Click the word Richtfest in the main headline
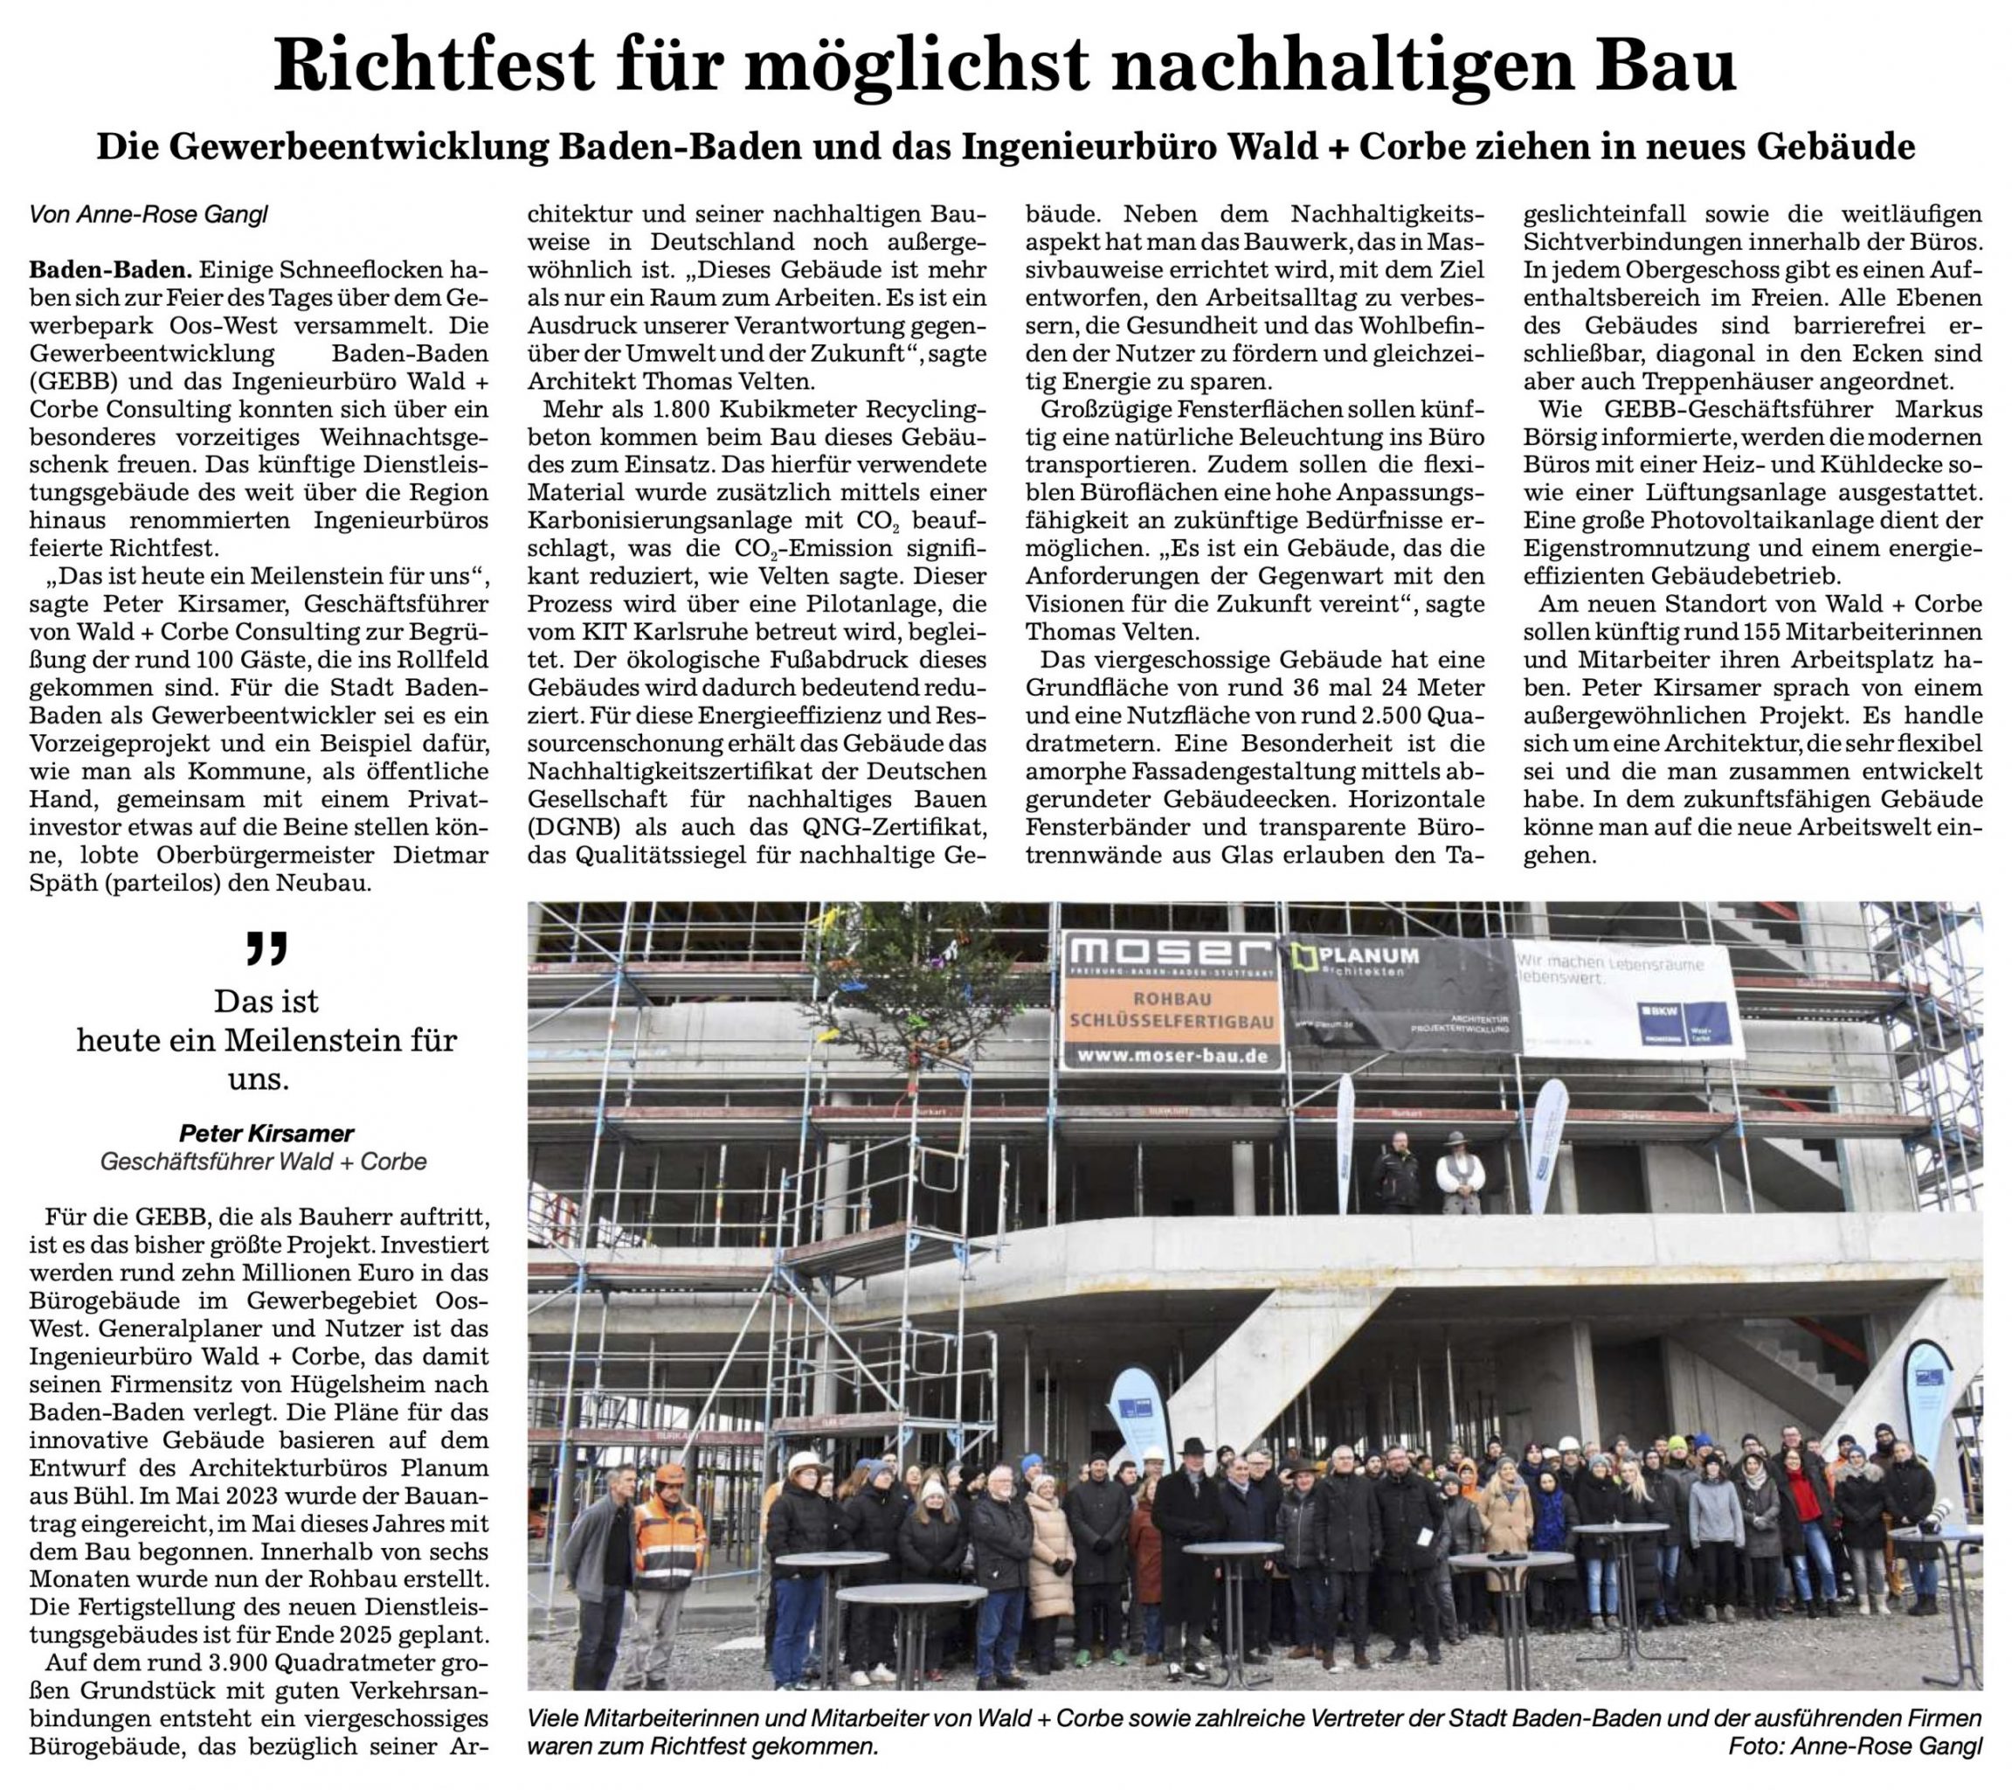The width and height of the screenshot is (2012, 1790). click(434, 65)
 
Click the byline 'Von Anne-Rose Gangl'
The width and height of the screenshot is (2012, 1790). click(149, 213)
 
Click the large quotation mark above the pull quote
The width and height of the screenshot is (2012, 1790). click(266, 948)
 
